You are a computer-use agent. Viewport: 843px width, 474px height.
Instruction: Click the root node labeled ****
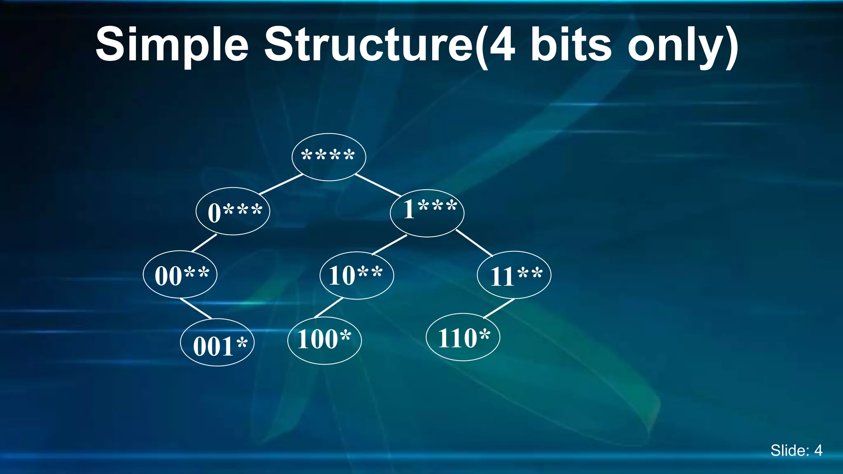pos(328,157)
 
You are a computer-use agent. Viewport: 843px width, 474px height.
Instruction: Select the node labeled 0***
pos(233,211)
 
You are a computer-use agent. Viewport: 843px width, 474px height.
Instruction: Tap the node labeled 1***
pos(427,213)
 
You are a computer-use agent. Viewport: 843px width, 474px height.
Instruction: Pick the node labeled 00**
pos(180,274)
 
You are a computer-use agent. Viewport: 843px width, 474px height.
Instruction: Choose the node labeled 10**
pos(356,275)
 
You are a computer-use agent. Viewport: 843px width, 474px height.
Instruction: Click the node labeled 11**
pos(514,275)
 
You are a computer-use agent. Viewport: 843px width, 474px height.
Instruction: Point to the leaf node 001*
pos(217,342)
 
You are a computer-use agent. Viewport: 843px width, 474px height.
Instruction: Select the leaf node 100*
pos(324,340)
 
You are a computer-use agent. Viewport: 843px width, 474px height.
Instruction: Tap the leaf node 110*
pos(463,337)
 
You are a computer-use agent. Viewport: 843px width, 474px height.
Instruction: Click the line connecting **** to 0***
pos(281,184)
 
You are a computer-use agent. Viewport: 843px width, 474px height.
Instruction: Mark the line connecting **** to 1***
pos(378,185)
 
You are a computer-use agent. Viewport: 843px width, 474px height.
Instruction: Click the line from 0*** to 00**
pos(204,243)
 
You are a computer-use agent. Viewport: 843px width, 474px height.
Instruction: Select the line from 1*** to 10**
pos(389,244)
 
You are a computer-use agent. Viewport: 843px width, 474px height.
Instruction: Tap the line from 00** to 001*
pos(196,308)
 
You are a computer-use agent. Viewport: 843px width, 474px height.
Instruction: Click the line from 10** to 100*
pos(328,307)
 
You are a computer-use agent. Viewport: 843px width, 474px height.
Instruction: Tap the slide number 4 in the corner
pos(818,451)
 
